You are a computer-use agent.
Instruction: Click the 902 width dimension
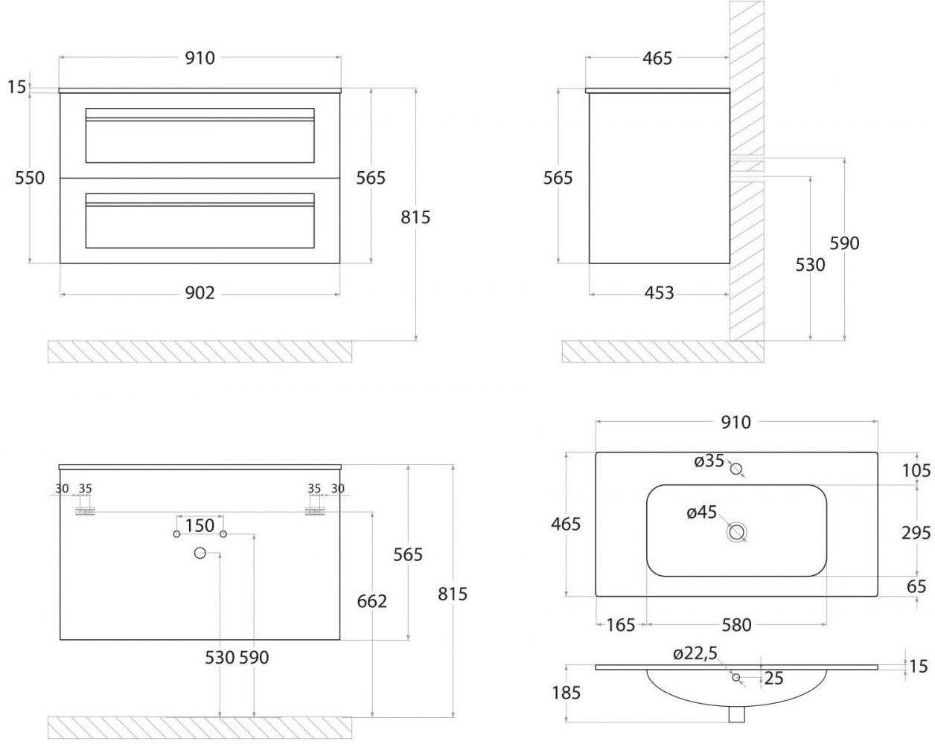pos(200,293)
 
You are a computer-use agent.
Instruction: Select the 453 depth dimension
pos(659,293)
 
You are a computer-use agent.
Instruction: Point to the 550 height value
pos(30,178)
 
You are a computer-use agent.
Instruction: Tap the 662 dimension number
pos(371,600)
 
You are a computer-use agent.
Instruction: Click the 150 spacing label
pos(200,526)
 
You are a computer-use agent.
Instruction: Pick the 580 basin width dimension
pos(736,625)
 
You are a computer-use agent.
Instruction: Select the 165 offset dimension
pos(620,625)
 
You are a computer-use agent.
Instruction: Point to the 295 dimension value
pos(916,533)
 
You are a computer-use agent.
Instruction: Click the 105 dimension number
pos(916,470)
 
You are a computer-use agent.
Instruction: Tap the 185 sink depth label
pos(566,693)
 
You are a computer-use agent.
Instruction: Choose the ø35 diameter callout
pos(709,461)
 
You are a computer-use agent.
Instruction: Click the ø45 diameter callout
pos(701,512)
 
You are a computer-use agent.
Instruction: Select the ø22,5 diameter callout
pos(695,654)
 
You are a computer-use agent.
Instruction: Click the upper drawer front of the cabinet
pos(200,135)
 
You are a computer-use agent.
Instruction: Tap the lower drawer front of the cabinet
pos(200,221)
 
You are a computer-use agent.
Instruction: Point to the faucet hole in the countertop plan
pos(737,469)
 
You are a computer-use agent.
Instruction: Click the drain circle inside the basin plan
pos(737,532)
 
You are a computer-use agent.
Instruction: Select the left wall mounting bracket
pos(86,511)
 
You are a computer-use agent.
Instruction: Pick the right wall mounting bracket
pos(315,511)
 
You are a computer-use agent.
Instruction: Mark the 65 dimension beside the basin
pos(916,586)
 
